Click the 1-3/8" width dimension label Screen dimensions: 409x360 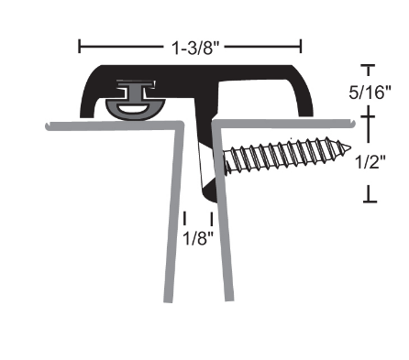click(x=196, y=48)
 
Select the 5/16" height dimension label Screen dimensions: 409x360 click(x=370, y=92)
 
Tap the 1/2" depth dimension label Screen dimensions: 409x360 click(x=370, y=161)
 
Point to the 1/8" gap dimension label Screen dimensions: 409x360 click(x=198, y=238)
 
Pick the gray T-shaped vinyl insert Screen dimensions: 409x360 click(x=136, y=100)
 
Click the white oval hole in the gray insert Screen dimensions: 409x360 click(x=132, y=108)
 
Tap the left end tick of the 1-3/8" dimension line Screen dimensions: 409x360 click(x=80, y=46)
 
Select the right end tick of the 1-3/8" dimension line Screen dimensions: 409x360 click(x=301, y=46)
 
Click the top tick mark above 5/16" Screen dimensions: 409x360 click(x=369, y=66)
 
